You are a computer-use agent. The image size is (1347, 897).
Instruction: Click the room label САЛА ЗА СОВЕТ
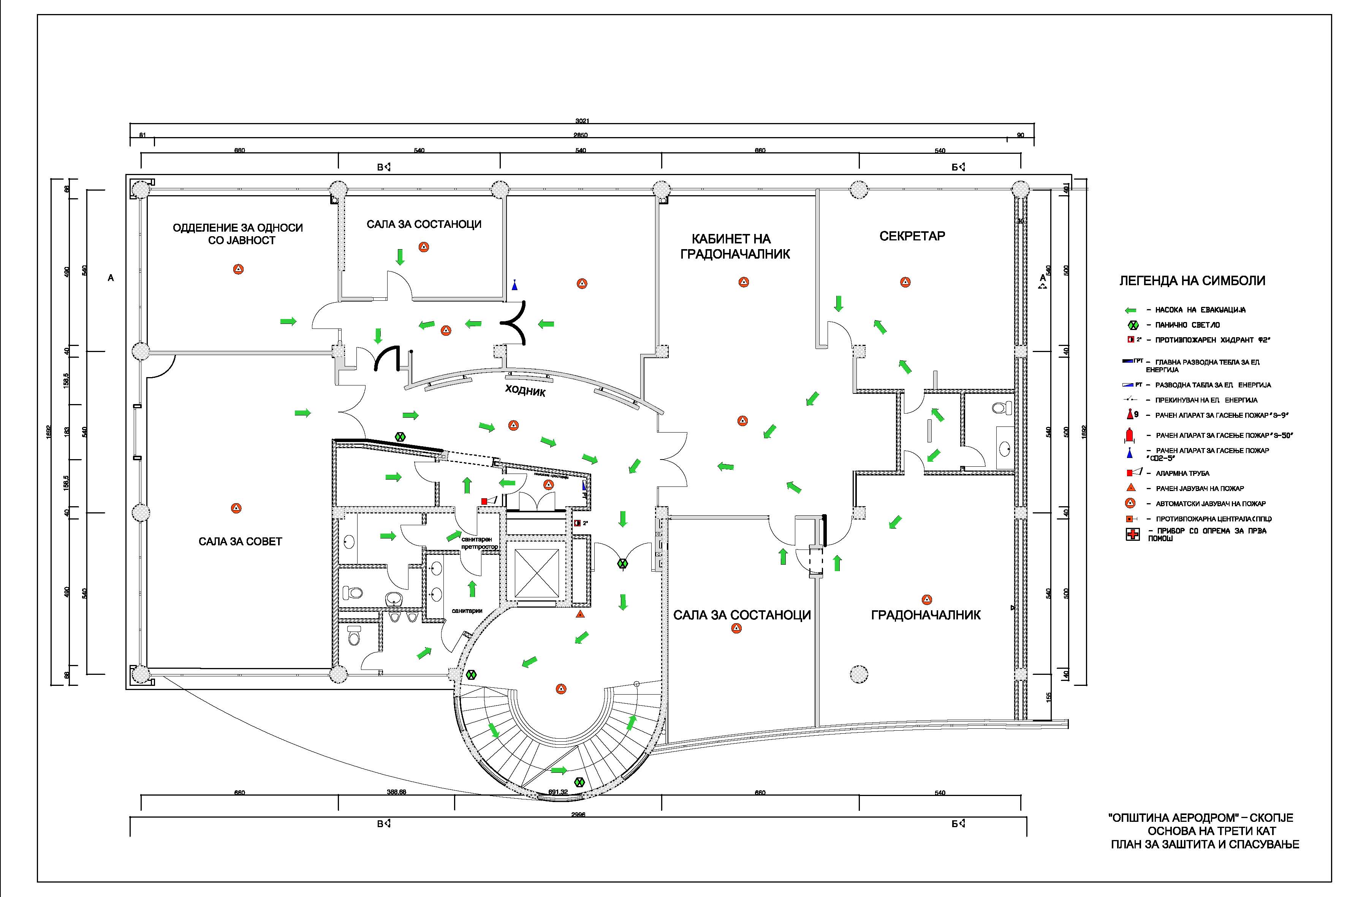tap(240, 541)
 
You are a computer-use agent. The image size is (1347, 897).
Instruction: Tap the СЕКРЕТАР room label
tap(912, 236)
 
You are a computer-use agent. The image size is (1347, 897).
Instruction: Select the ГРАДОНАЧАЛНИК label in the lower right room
tap(925, 615)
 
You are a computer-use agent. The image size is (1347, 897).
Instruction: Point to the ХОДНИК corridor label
tap(525, 391)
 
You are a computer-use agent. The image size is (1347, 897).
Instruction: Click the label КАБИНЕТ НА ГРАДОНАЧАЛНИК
tap(735, 246)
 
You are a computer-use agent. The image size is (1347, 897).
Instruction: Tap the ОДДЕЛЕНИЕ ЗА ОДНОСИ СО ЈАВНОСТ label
tap(237, 234)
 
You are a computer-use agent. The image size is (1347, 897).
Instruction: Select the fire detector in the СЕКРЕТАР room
tap(905, 282)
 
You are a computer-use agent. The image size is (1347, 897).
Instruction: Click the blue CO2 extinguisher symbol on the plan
tap(515, 285)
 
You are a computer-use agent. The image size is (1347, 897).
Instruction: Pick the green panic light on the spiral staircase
tap(579, 782)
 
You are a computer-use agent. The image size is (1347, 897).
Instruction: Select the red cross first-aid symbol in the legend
tap(1132, 535)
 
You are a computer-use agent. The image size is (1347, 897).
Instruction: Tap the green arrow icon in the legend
tap(1131, 310)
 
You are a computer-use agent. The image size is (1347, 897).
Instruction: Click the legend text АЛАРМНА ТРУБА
tap(1182, 473)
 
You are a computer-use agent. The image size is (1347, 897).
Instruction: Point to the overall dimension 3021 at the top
tap(582, 121)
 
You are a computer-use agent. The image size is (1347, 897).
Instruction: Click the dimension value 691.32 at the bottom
tap(557, 792)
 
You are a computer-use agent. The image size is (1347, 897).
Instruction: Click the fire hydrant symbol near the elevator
tap(578, 522)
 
